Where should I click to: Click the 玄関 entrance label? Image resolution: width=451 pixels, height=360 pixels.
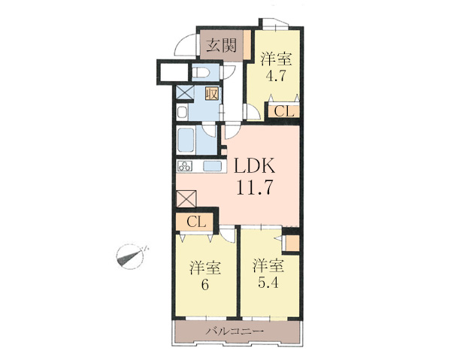coord(222,45)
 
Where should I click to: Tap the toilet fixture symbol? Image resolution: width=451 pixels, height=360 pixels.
coord(201,73)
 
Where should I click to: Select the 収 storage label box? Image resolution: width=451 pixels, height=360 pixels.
coord(212,94)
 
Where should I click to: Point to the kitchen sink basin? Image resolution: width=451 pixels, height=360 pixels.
coord(213,167)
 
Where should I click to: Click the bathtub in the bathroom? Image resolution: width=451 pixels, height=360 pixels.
coord(186,140)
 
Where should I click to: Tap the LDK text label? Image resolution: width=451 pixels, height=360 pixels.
coord(255,165)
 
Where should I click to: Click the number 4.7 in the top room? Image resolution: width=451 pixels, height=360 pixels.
coord(276,76)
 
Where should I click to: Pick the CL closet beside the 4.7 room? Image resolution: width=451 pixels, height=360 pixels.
coord(284,111)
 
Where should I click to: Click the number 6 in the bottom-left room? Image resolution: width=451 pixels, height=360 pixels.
coord(204,286)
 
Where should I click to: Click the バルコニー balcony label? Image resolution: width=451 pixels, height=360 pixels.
coord(235,331)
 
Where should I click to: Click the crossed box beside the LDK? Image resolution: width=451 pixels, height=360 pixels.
coord(186,198)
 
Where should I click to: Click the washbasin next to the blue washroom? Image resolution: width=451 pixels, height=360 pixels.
coord(183,112)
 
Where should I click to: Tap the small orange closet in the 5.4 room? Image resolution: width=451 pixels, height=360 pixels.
coord(292,244)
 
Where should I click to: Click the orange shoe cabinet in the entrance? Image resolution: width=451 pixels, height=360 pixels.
coord(247,44)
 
